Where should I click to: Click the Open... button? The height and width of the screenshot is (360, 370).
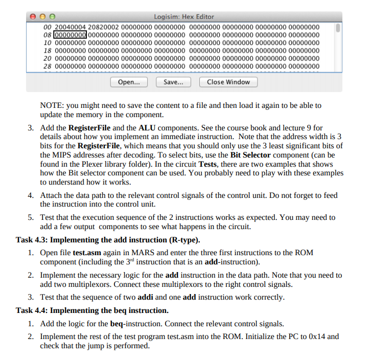[x=129, y=82]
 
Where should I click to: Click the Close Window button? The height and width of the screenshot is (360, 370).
[x=228, y=82]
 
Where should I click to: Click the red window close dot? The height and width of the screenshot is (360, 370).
[x=33, y=17]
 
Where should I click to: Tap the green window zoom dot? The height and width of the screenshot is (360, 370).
[x=51, y=17]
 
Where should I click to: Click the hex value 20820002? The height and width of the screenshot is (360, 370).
[x=104, y=27]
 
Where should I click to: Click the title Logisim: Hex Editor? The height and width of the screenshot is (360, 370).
[x=184, y=17]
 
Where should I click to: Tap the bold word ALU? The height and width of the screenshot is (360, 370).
[x=155, y=127]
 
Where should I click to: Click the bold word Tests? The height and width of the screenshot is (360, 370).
[x=210, y=164]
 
